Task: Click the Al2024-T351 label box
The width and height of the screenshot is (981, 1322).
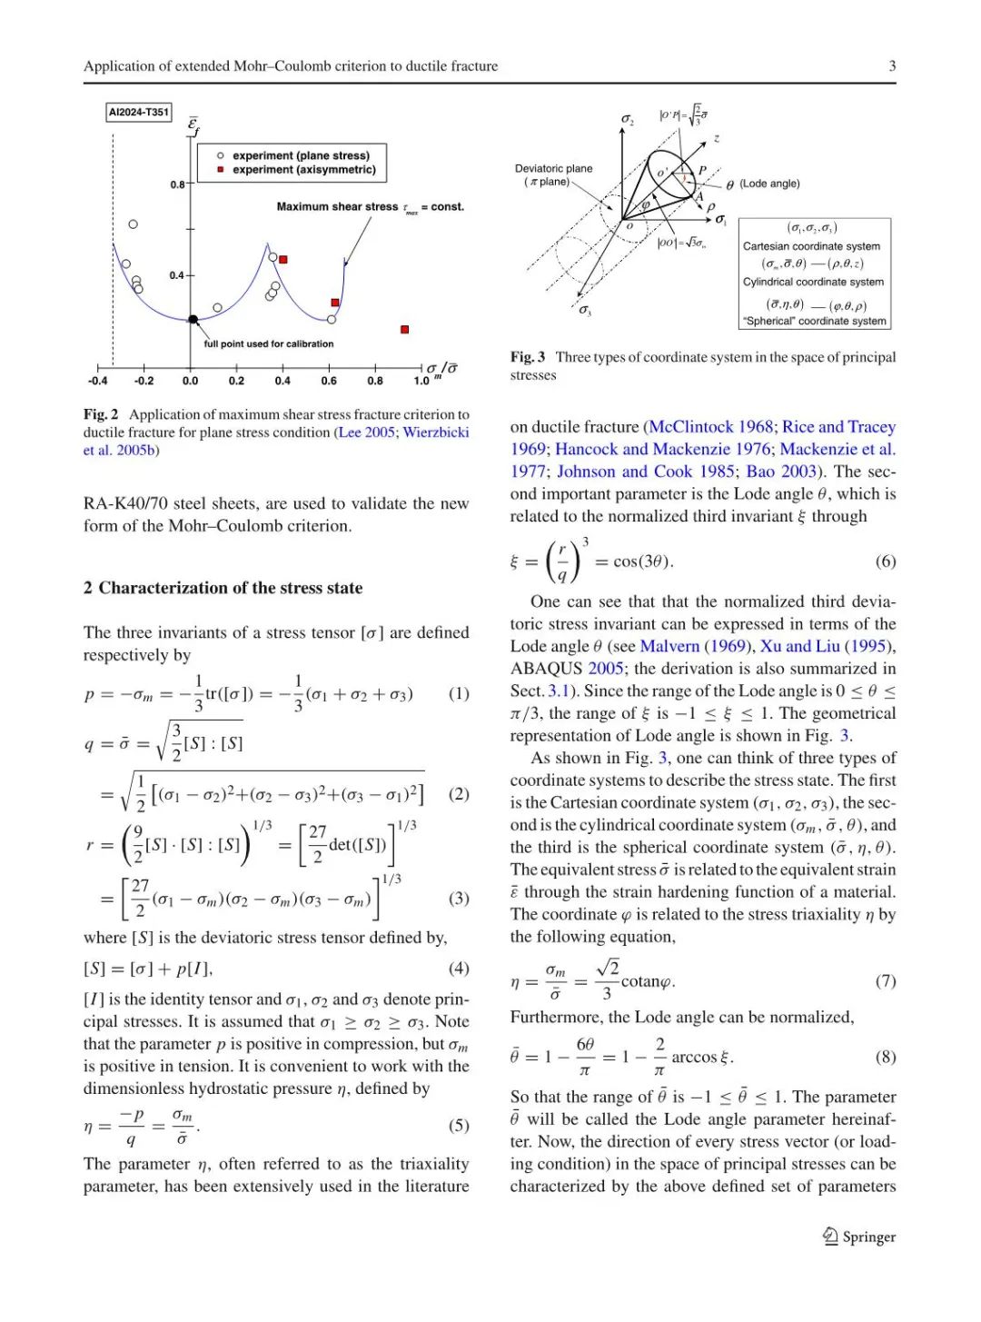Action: tap(139, 112)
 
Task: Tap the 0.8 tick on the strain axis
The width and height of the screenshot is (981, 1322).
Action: tap(178, 184)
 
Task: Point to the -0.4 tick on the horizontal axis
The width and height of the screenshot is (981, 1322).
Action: tap(97, 381)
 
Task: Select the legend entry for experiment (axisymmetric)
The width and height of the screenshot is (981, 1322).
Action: tap(303, 170)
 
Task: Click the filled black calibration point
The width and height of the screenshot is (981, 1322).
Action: tap(193, 319)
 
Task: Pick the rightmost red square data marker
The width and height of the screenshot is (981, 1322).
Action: tap(404, 329)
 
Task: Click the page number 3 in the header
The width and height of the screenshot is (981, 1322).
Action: tap(892, 65)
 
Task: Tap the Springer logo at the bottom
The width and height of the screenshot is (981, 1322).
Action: tap(858, 1237)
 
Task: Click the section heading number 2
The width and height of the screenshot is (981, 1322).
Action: tap(88, 588)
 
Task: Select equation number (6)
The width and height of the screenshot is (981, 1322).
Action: tap(885, 561)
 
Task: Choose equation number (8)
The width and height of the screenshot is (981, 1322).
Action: tap(885, 1057)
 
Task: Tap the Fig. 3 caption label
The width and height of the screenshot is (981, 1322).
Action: tap(527, 357)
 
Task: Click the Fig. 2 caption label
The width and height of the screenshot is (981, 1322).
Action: tap(101, 414)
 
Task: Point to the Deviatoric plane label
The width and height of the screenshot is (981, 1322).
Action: tap(553, 169)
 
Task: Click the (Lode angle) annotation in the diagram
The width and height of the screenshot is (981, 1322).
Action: tap(768, 184)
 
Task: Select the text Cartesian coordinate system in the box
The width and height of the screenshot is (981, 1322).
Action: tap(810, 246)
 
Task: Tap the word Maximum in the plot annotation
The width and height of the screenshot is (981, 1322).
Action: tap(299, 207)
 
